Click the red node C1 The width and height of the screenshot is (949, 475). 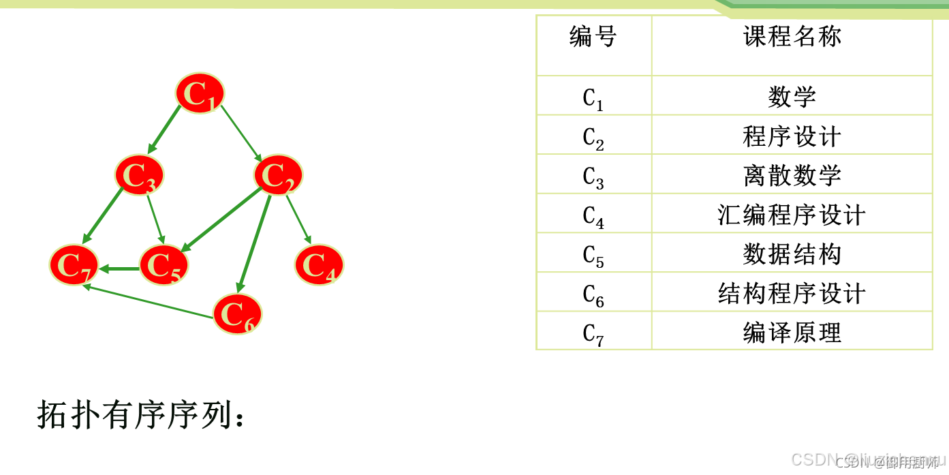tap(200, 93)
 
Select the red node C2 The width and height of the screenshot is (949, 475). tap(278, 175)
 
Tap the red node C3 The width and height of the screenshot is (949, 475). tap(139, 175)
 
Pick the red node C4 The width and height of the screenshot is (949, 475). tap(319, 264)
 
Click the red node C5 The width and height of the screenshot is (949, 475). tap(164, 264)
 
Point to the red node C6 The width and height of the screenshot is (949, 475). tap(237, 313)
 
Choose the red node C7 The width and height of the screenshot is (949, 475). tap(74, 264)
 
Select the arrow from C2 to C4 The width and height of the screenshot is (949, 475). tap(298, 219)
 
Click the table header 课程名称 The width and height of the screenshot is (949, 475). tap(792, 37)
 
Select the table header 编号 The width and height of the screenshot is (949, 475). tap(593, 37)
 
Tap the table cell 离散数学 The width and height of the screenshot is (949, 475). tap(792, 175)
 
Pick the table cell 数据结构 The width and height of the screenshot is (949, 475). tap(792, 254)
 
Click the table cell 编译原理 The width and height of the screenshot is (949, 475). tap(792, 333)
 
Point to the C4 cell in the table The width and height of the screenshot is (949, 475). tap(593, 215)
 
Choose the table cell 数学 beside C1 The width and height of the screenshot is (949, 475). tap(792, 97)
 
